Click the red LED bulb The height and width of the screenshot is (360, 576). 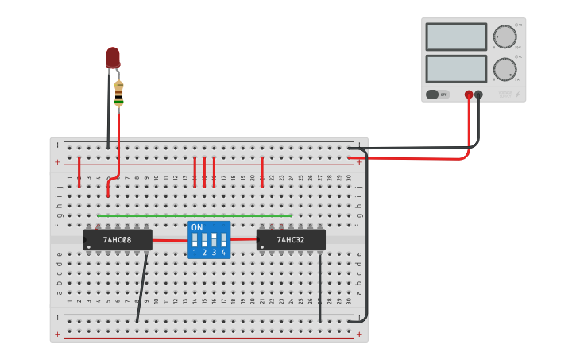coord(113,56)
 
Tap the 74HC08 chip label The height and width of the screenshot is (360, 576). coord(117,239)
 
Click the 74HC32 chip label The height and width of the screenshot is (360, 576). coord(291,239)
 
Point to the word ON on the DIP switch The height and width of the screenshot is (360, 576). coord(197,227)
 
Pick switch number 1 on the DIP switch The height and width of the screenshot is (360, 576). coord(195,240)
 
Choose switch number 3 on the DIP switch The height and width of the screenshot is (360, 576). coord(214,240)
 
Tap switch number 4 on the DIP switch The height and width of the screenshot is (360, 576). coord(223,240)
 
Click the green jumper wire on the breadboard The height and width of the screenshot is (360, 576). coord(195,215)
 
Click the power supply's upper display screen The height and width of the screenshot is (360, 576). coord(456,37)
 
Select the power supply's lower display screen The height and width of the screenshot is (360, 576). coord(456,68)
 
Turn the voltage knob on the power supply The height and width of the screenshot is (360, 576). coord(504,37)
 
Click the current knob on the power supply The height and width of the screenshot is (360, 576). coord(504,69)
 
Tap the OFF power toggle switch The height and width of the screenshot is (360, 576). coord(437,95)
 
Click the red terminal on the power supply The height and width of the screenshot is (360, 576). coord(469,95)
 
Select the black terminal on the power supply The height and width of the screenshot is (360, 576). coord(478,95)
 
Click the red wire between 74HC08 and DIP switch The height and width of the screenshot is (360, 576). coord(169,240)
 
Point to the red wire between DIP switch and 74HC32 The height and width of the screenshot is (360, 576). coord(244,238)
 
